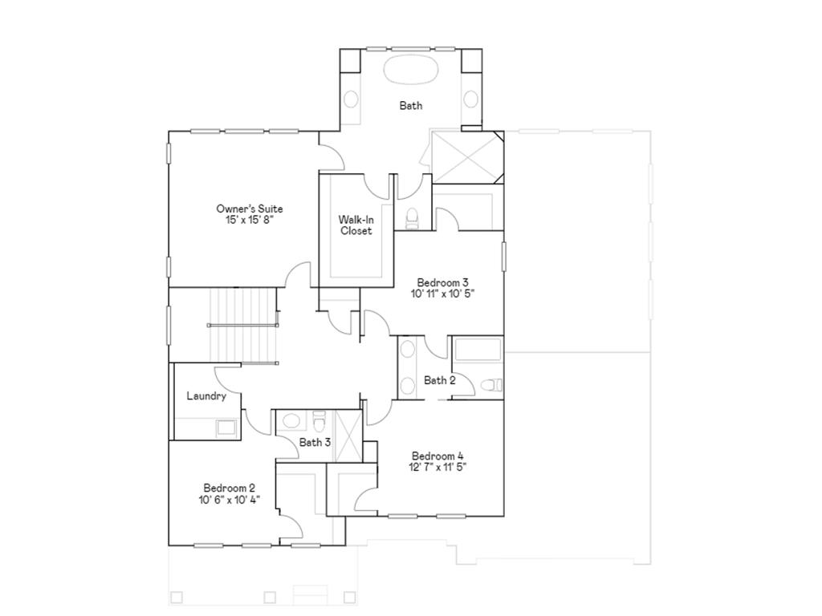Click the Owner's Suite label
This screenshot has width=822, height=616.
249,209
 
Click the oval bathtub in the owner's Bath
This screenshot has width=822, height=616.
410,69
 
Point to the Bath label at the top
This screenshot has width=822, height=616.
410,105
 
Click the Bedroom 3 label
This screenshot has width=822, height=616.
442,282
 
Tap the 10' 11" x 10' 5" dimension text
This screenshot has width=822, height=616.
442,294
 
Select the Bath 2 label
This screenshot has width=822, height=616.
439,380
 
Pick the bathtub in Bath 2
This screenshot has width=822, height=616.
478,352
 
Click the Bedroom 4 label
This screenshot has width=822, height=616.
437,456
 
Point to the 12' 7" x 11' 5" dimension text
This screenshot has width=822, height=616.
437,467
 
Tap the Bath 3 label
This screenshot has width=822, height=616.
315,442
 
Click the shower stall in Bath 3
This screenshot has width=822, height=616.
348,435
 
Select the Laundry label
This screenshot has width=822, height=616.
206,396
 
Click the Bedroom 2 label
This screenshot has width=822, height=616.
229,488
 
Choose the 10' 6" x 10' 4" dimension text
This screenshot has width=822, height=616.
229,499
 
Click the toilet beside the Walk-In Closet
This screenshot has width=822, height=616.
413,217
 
